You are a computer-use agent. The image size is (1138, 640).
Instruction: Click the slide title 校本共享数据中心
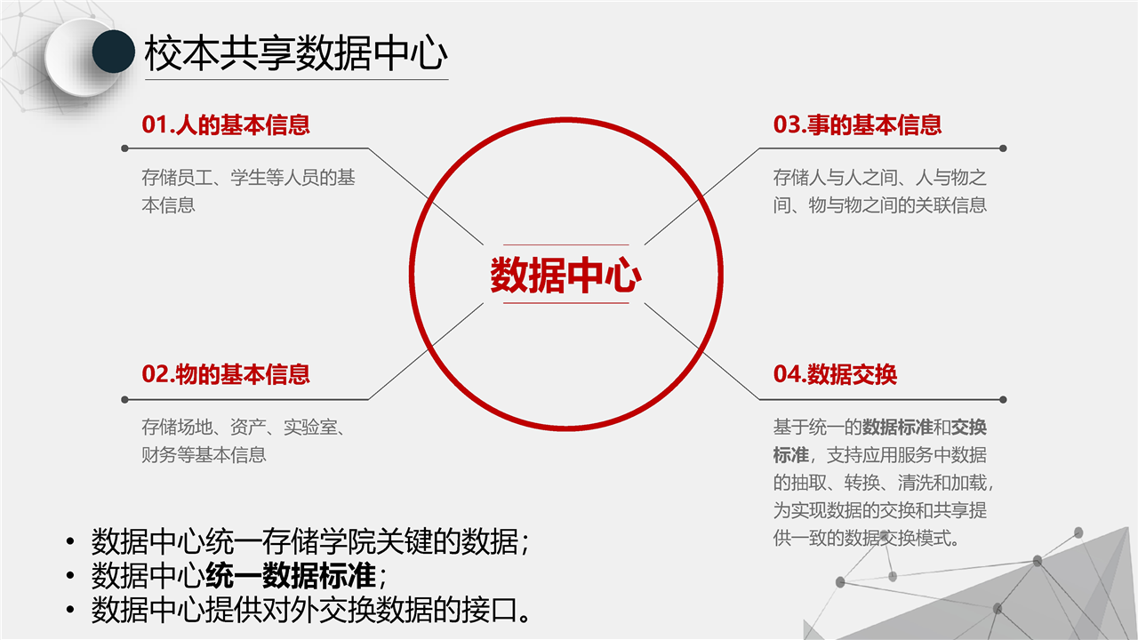point(296,52)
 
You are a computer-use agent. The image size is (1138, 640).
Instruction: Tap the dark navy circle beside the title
point(113,52)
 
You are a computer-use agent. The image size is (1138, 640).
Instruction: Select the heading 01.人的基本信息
point(226,124)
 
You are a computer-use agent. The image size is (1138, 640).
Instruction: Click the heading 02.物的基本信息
point(226,374)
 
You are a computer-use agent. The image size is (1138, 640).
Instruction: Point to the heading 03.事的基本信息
point(857,124)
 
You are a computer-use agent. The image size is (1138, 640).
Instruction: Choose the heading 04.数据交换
point(835,374)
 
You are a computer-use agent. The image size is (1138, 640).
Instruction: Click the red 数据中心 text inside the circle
point(566,275)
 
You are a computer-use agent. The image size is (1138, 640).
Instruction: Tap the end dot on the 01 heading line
point(125,148)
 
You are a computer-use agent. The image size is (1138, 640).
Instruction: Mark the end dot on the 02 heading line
point(125,400)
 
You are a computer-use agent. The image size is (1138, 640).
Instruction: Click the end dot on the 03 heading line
point(1003,148)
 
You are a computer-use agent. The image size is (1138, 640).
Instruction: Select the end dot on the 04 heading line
point(1003,400)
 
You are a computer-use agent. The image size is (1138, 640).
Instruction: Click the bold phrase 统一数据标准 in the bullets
point(291,576)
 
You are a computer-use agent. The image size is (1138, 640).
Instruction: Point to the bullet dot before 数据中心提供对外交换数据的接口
point(70,609)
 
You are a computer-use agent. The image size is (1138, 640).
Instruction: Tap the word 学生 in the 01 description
point(248,177)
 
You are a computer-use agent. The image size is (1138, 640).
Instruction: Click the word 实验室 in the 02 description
point(310,428)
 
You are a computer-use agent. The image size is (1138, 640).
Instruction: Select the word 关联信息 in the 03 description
point(950,205)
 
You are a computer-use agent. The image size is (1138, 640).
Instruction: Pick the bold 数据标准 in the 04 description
point(897,428)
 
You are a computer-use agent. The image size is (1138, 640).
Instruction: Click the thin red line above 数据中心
point(566,244)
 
